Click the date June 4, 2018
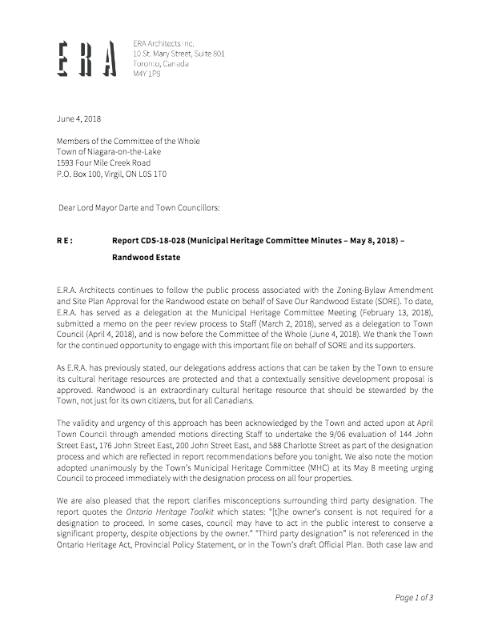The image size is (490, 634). click(x=78, y=118)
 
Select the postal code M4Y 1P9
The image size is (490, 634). click(x=147, y=73)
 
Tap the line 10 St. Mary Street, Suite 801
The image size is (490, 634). click(x=179, y=52)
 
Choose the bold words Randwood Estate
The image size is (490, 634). click(x=147, y=259)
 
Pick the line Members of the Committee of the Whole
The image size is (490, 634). click(x=128, y=141)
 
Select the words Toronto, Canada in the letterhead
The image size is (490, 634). click(x=161, y=62)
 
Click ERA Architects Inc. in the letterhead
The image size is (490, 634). click(x=163, y=42)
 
